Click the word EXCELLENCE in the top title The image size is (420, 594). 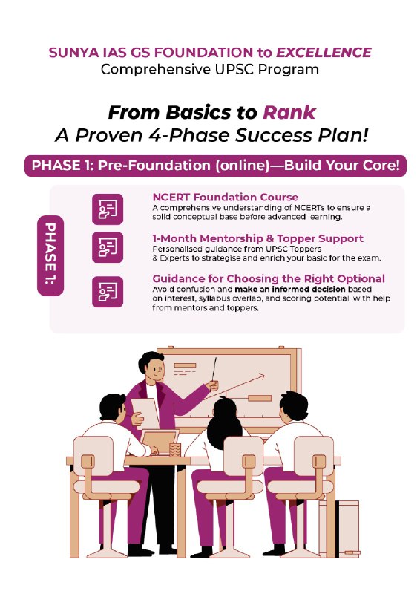(324, 52)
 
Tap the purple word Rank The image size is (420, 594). (289, 113)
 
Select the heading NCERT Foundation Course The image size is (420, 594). (226, 197)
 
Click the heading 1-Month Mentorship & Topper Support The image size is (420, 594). (258, 238)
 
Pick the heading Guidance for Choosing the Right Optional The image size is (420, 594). (269, 279)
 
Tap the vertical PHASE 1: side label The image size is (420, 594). (50, 255)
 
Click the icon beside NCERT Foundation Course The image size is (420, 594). (108, 209)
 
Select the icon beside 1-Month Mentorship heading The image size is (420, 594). (108, 247)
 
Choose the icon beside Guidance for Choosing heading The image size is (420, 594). (108, 292)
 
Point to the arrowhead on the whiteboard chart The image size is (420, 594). (261, 376)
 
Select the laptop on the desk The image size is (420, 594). (160, 443)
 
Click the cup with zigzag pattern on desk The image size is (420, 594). (175, 449)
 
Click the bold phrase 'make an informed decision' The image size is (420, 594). (290, 290)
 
